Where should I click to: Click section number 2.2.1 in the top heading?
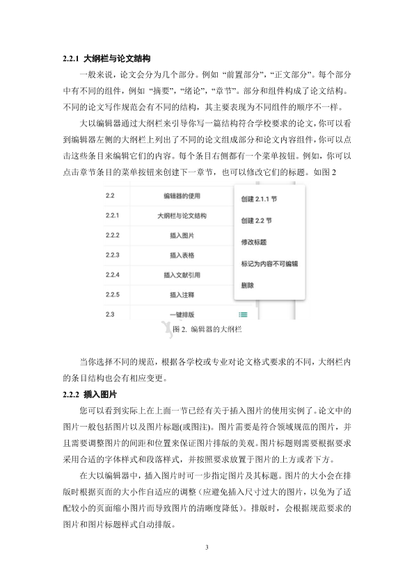tap(72, 58)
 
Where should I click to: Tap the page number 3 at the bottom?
tap(207, 548)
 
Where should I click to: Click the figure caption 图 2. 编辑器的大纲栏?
tap(207, 329)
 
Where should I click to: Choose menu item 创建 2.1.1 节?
tap(259, 198)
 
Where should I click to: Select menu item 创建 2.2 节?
tap(256, 220)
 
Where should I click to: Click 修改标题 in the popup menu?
tap(253, 242)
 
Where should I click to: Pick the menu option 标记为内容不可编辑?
tap(269, 264)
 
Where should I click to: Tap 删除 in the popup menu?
tap(248, 286)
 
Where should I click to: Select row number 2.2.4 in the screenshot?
tap(113, 275)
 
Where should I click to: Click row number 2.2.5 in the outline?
tap(113, 295)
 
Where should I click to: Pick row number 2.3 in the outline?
tap(110, 315)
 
